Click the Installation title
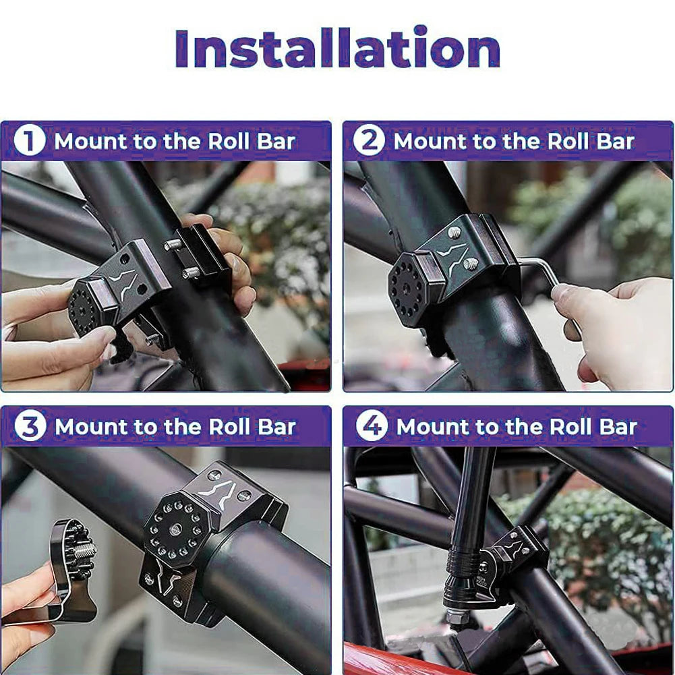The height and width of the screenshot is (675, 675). (337, 49)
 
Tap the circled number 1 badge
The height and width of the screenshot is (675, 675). (29, 141)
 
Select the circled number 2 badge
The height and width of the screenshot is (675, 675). (368, 141)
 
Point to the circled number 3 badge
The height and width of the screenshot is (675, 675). (30, 426)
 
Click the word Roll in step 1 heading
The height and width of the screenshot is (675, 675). (230, 141)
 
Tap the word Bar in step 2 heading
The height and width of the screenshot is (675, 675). (615, 141)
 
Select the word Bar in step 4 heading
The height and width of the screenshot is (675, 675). (618, 426)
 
